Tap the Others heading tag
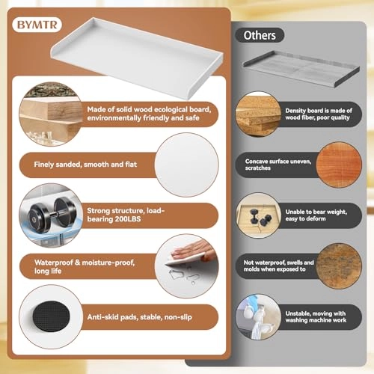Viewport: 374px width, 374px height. (259, 35)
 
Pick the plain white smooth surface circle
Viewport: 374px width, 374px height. (187, 165)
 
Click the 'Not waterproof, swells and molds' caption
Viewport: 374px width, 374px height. (278, 263)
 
